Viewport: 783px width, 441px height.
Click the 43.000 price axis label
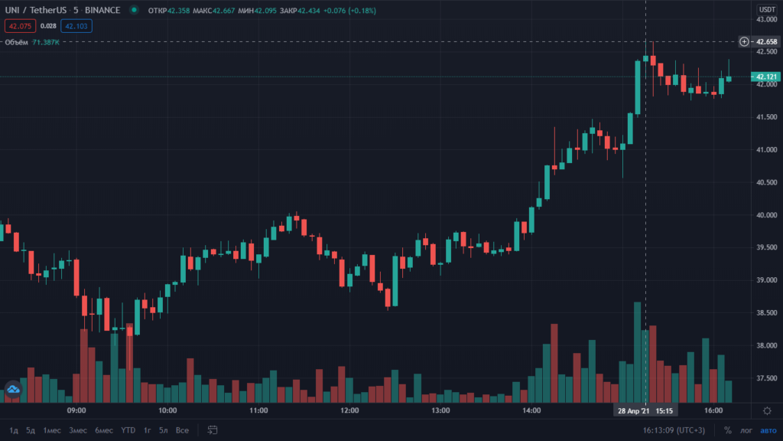tap(766, 19)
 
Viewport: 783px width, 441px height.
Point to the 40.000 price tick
tap(766, 215)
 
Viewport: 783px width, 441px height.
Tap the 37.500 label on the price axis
tap(766, 378)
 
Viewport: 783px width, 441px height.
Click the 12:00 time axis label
tap(349, 411)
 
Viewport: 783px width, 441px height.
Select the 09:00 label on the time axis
tap(76, 411)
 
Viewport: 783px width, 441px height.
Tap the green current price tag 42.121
tap(766, 77)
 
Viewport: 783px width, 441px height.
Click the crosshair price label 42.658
tap(766, 41)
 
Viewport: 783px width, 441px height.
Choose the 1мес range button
tap(52, 430)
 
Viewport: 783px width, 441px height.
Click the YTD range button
tap(128, 430)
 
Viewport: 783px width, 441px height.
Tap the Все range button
tap(182, 430)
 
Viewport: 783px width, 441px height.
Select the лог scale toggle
tap(746, 430)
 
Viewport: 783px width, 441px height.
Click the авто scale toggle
tap(768, 430)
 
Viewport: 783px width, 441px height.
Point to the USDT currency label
tap(766, 9)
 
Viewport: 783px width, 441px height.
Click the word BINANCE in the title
tap(102, 10)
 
